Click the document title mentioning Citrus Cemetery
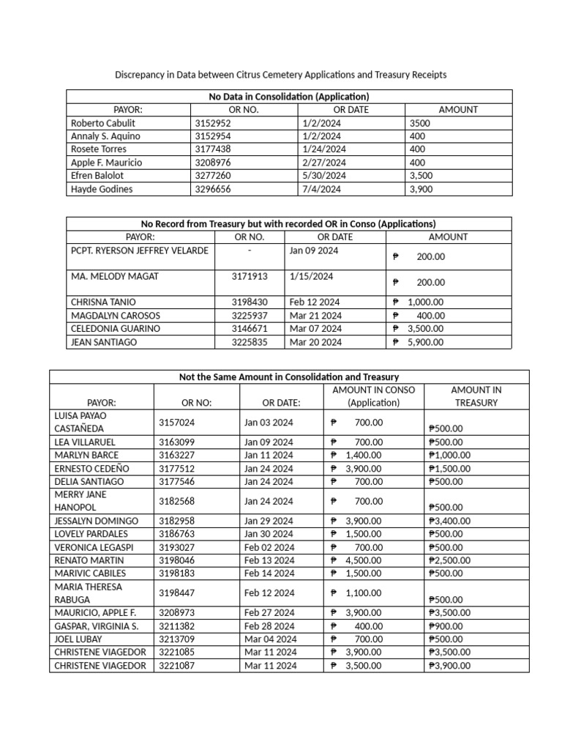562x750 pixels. pos(281,75)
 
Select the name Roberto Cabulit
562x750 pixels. pos(103,123)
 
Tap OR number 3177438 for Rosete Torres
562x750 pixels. pos(212,149)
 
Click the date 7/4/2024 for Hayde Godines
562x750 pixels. pos(321,189)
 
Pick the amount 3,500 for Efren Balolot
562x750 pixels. pos(421,176)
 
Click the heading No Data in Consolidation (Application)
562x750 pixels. pos(289,97)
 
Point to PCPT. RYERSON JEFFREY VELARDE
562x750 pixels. pos(140,250)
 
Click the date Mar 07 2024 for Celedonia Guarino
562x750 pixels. pos(315,329)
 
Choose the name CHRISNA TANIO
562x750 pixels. pos(103,302)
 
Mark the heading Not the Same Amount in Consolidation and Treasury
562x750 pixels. pos(288,377)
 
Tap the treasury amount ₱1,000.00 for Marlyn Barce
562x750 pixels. pos(449,456)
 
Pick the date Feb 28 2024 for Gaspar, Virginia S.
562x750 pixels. pos(269,626)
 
